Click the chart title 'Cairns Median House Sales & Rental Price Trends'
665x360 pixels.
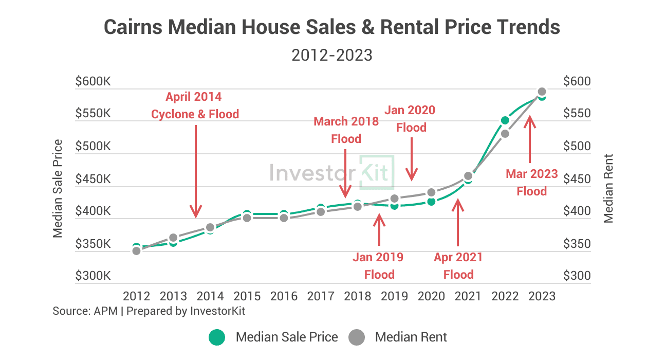coord(332,27)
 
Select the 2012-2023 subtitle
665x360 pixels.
coord(332,55)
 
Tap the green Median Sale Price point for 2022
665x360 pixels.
coord(505,120)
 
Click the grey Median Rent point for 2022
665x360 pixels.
coord(505,134)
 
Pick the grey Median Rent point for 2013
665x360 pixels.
coord(173,238)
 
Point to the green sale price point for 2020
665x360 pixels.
coord(431,202)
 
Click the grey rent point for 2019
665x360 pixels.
coord(394,199)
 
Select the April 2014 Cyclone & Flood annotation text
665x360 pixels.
coord(195,105)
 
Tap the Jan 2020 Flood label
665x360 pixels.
coord(411,118)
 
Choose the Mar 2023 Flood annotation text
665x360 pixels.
coord(531,182)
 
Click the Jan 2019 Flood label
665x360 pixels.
coord(379,265)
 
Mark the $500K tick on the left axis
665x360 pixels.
coord(93,147)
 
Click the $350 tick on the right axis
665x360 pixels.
coord(577,244)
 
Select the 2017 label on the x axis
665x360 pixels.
coord(320,296)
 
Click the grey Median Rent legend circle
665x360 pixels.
coord(357,337)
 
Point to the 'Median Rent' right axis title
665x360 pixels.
coord(609,188)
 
